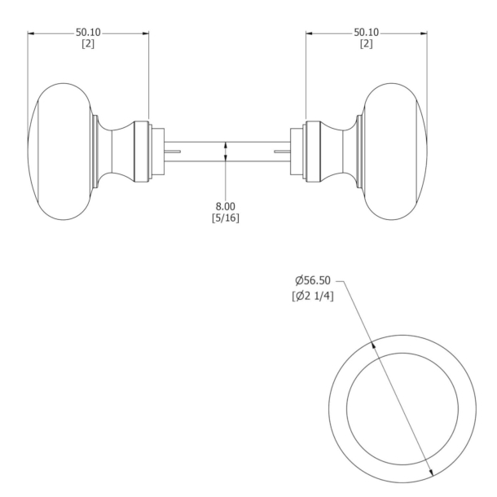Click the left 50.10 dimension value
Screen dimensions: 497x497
tap(88, 33)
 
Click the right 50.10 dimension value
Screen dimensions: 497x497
tap(366, 33)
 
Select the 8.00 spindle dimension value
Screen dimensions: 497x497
tap(227, 206)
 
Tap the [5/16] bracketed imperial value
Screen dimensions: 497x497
tap(227, 218)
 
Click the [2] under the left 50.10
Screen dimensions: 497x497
tap(88, 43)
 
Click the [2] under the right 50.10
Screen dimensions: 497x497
tap(366, 43)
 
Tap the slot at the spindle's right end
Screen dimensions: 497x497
tap(281, 152)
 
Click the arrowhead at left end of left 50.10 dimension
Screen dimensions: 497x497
tap(31, 33)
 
